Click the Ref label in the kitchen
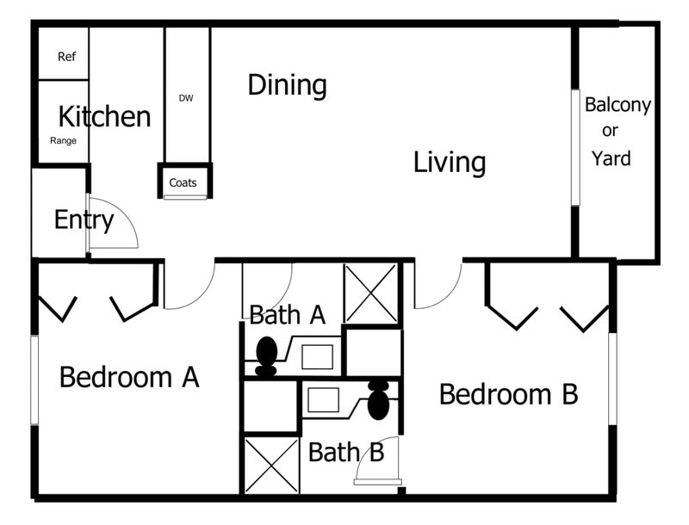click(x=67, y=57)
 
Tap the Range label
click(x=63, y=141)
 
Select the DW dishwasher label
click(x=186, y=98)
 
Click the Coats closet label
click(x=183, y=182)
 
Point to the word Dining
click(x=288, y=85)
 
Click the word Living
click(x=450, y=163)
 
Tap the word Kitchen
click(x=104, y=117)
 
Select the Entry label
click(x=84, y=220)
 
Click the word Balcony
click(x=618, y=106)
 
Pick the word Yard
click(x=611, y=158)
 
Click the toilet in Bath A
click(x=266, y=357)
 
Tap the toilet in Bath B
click(x=378, y=400)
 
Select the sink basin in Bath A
click(x=317, y=357)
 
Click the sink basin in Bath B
click(x=324, y=400)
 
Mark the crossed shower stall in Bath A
click(x=370, y=293)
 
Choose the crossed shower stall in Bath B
click(x=271, y=465)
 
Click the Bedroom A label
click(x=129, y=377)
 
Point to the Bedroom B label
click(x=508, y=394)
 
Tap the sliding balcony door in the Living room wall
click(x=575, y=147)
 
